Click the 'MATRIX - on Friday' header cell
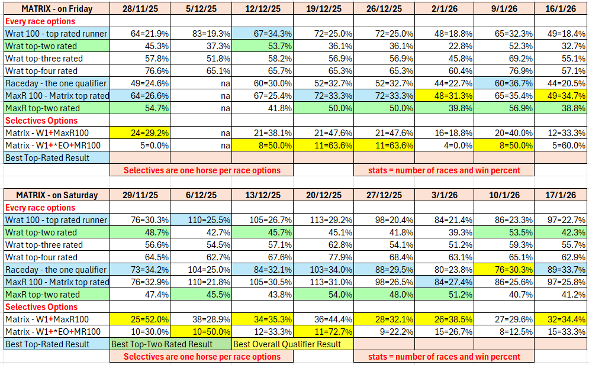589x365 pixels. [x=56, y=9]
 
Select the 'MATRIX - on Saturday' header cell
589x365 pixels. [x=56, y=195]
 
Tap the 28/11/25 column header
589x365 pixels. [x=140, y=9]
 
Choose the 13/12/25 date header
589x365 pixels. [x=262, y=195]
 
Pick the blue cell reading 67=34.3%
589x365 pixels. [x=262, y=34]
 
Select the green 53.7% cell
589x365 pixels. [x=262, y=47]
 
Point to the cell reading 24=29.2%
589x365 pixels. [x=140, y=133]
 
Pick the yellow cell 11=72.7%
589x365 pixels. [x=323, y=331]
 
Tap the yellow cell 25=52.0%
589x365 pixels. [x=140, y=319]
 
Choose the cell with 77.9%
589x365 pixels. [x=323, y=257]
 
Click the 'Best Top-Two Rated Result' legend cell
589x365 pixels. [x=170, y=344]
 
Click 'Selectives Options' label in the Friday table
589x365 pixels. [x=41, y=121]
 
